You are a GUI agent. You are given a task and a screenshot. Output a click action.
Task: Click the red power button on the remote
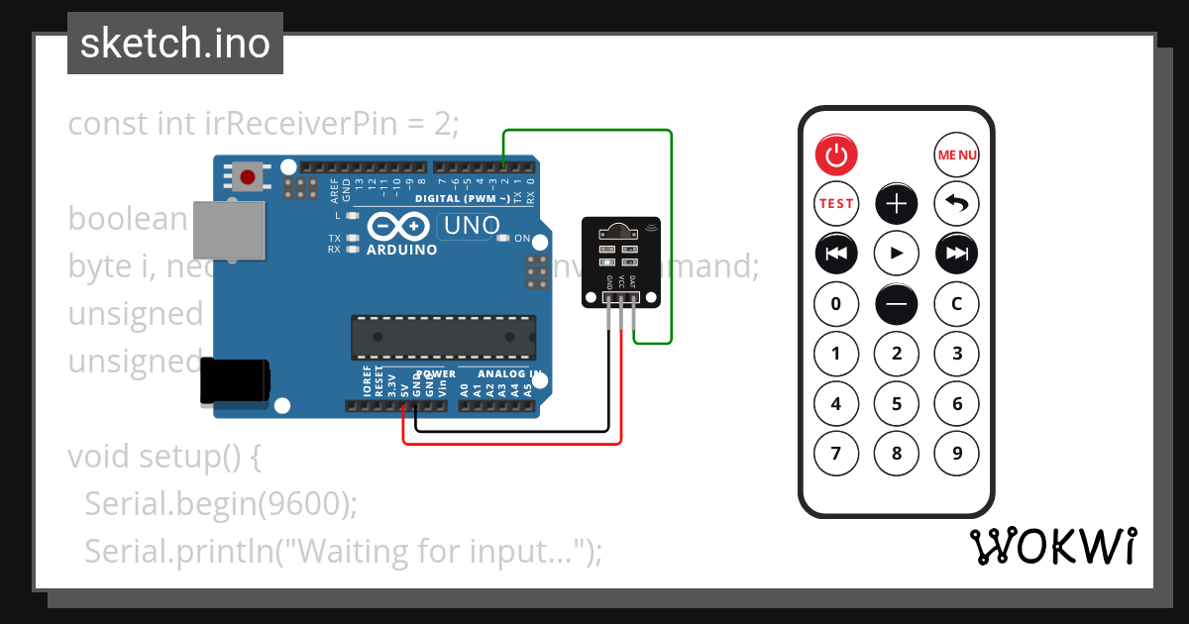coord(836,155)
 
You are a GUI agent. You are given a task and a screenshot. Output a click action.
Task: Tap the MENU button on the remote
coord(957,155)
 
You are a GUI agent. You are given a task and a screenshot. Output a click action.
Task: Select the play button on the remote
coord(897,254)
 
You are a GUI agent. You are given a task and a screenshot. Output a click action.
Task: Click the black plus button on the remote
coord(897,204)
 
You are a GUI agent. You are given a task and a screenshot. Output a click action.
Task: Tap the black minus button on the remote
coord(897,304)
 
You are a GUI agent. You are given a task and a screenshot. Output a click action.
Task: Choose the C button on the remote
coord(957,304)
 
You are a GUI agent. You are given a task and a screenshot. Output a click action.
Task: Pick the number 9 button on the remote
coord(957,454)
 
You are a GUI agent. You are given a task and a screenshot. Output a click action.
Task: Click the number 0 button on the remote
coord(836,304)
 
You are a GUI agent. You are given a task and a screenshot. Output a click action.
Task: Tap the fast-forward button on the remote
coord(957,254)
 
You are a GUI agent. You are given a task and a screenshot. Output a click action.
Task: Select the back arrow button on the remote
coord(957,204)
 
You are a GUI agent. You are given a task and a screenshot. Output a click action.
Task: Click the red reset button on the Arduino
coord(247,178)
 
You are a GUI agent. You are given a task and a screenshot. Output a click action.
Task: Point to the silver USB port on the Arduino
coord(230,232)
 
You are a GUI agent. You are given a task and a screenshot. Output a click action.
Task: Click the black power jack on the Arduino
coord(234,381)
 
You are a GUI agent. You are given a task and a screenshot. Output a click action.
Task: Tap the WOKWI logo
coord(1052,547)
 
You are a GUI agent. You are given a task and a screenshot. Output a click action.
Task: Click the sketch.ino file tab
coord(175,44)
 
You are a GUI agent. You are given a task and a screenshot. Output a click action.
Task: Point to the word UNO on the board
coord(472,226)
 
